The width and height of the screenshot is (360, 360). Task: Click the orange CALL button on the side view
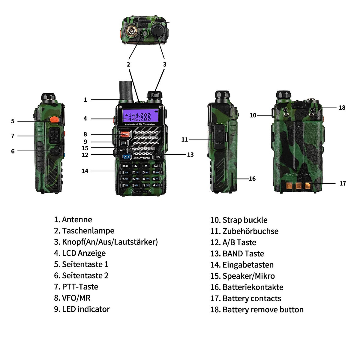[54, 120]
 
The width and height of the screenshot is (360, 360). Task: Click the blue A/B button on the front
[127, 157]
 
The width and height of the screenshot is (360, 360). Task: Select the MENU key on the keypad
[125, 166]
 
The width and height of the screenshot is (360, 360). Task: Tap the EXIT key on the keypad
[156, 166]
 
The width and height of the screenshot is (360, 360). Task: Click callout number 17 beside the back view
[343, 183]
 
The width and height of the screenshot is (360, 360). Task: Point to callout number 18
[342, 108]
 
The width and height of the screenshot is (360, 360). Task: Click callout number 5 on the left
[13, 121]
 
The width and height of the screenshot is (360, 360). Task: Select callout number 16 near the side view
[252, 179]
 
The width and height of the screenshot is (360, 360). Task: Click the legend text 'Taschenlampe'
[88, 231]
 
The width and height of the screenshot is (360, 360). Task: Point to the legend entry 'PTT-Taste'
[80, 286]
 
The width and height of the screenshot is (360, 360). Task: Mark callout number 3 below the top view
[164, 64]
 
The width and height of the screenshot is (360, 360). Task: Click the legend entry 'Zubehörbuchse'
[250, 231]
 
